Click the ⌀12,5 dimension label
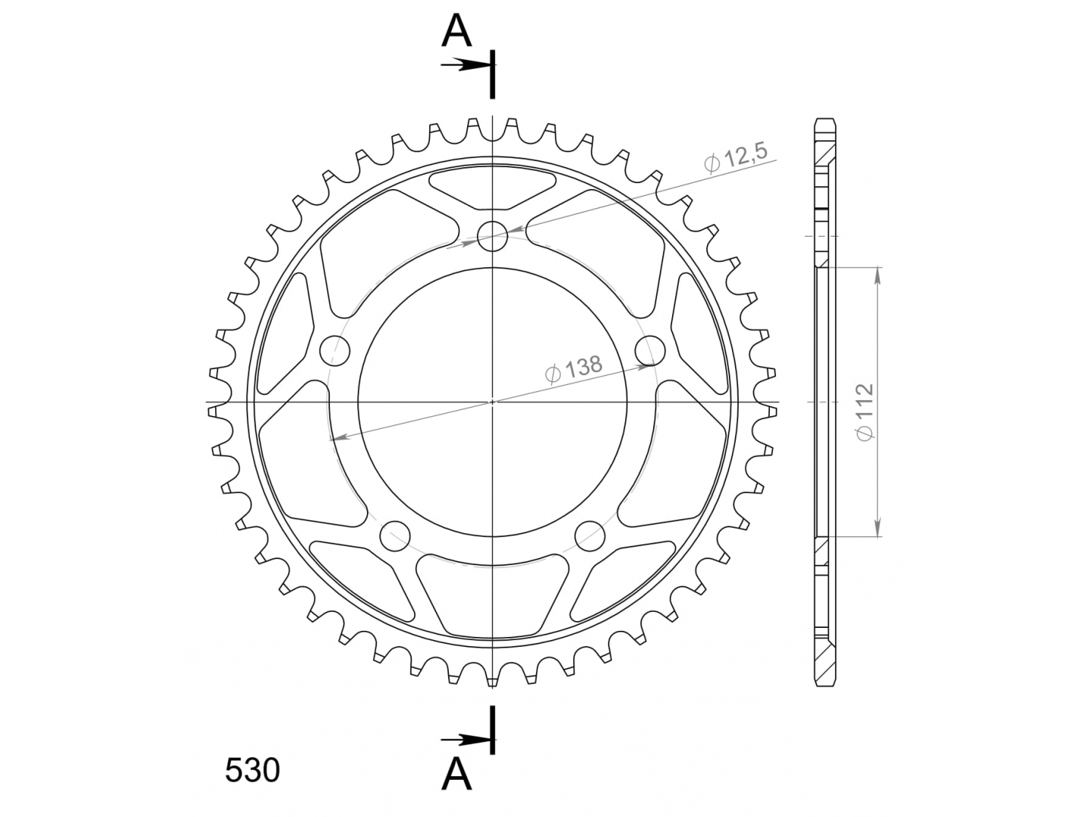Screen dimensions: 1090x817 pos(736,158)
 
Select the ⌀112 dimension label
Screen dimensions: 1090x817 pos(864,412)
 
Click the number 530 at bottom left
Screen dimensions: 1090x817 pos(252,770)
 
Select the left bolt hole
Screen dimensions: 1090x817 pos(335,351)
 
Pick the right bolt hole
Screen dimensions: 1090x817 pos(650,351)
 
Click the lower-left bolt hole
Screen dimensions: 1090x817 pos(395,536)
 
